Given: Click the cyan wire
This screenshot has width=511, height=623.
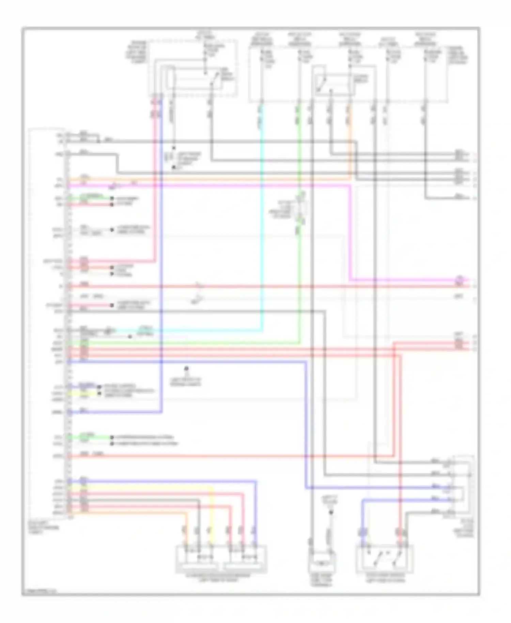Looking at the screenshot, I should [262, 239].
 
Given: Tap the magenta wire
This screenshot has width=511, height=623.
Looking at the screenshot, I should [238, 186].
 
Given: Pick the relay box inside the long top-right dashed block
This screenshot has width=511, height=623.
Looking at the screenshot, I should [332, 84].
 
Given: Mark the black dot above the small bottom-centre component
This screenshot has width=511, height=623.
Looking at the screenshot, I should [330, 512].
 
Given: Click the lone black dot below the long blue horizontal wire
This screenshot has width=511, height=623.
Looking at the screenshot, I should [186, 368].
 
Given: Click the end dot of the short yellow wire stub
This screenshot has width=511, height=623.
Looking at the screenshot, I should [99, 394].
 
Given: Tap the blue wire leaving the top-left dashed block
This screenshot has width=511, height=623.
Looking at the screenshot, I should [161, 239].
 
